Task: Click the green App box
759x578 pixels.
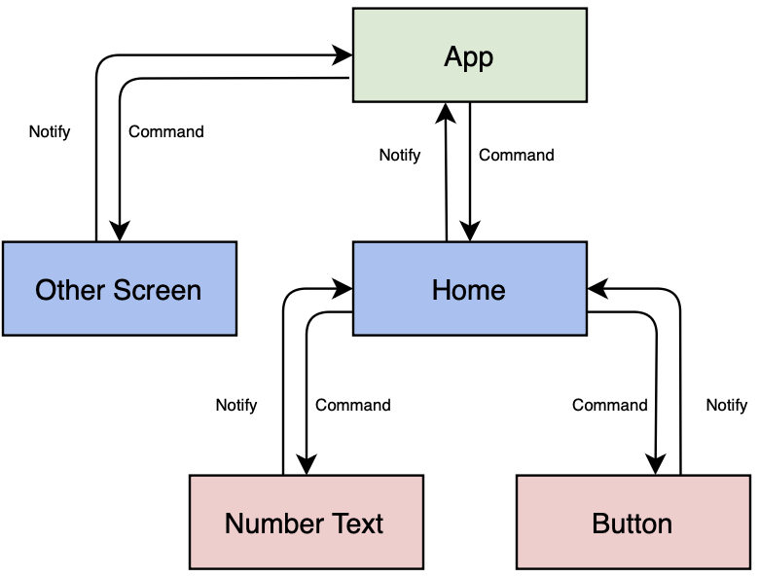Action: [x=469, y=54]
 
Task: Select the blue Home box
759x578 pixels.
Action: [x=469, y=289]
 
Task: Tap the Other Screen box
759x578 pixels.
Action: [x=119, y=289]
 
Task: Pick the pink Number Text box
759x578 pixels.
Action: [x=306, y=523]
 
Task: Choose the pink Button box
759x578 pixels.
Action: [x=632, y=523]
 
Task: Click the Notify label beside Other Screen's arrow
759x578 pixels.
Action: [x=50, y=131]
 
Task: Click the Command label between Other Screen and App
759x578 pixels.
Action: [x=166, y=131]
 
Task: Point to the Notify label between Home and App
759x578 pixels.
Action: [x=400, y=155]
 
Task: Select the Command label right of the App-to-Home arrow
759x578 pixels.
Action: [x=517, y=155]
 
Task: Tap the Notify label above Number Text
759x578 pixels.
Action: [x=236, y=405]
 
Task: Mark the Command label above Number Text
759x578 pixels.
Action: [x=353, y=405]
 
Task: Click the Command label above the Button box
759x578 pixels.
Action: [x=610, y=405]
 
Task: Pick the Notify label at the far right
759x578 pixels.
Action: [x=727, y=405]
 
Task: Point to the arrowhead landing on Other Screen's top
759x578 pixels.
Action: [x=119, y=233]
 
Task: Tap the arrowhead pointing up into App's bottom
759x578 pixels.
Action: [x=446, y=110]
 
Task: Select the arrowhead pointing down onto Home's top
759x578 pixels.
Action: [x=469, y=233]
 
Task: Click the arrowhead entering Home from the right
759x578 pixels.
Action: [x=596, y=289]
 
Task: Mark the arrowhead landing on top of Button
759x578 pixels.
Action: [x=657, y=466]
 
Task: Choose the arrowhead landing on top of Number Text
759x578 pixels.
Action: [x=307, y=466]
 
